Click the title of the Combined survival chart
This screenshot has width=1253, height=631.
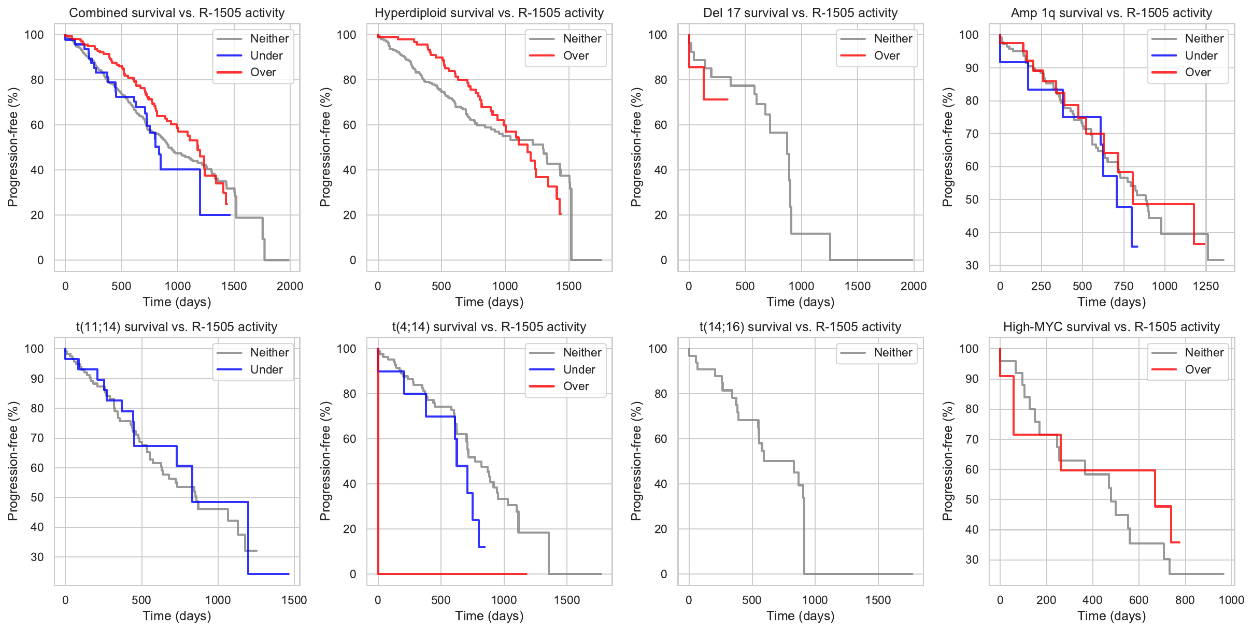177,13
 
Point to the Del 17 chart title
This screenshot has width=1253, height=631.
800,13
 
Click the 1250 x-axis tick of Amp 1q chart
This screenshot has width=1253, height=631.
1206,286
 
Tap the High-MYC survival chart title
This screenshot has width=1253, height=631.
1112,327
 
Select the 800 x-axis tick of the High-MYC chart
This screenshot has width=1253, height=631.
1185,600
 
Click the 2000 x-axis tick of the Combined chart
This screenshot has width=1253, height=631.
290,286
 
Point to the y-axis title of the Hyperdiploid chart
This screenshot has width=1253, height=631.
325,147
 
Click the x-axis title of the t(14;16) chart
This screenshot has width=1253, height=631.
800,615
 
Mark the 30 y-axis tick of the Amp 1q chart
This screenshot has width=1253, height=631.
972,265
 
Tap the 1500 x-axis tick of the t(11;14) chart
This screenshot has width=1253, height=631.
294,600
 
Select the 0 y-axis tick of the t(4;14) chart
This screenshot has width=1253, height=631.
353,574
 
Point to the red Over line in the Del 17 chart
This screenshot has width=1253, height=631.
715,99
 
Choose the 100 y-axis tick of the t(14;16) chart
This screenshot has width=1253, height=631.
658,349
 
